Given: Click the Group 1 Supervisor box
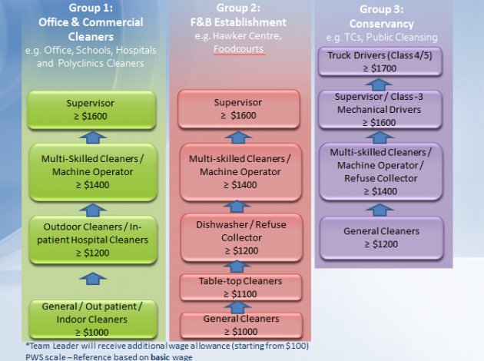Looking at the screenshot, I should click(91, 109).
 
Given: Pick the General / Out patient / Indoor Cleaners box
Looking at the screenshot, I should click(91, 318).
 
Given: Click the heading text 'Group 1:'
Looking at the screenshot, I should click(91, 10).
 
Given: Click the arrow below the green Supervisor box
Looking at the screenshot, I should click(91, 137).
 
